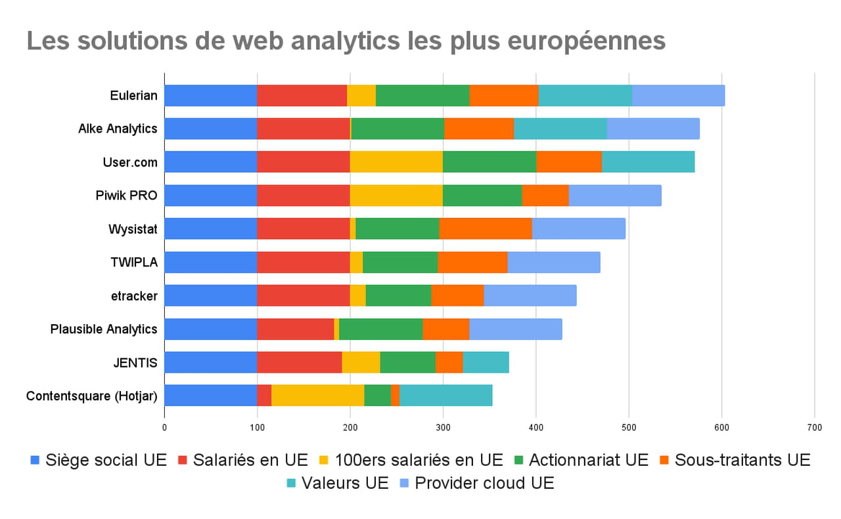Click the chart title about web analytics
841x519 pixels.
346,41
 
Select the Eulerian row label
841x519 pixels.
133,96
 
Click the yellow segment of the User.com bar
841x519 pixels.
396,161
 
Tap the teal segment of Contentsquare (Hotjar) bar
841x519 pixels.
445,396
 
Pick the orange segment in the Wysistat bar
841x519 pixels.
485,228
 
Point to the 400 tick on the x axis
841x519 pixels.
535,426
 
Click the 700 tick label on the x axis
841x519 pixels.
814,426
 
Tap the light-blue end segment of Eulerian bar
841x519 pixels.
678,96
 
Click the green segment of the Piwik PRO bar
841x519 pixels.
482,195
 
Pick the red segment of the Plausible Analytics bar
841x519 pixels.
295,329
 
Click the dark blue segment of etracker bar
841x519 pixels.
210,295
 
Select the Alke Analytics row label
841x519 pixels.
118,129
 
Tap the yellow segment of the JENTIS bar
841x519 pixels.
361,362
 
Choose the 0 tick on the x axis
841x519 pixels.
164,426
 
